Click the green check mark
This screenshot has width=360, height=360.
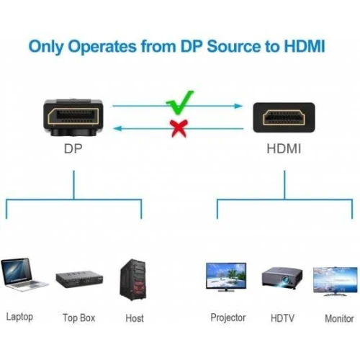click(181, 103)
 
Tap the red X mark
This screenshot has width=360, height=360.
click(179, 128)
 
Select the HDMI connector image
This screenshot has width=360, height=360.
click(284, 117)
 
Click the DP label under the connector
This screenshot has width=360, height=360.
click(73, 149)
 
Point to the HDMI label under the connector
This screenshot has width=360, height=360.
click(284, 148)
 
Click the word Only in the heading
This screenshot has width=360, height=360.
click(46, 46)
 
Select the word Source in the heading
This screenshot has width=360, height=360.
click(235, 46)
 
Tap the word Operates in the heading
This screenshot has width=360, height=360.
click(102, 47)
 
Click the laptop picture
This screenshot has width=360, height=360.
click(23, 274)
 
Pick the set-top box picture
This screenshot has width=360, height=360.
click(79, 279)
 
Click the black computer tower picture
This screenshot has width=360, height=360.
click(132, 279)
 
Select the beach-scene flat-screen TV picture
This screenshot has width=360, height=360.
click(226, 277)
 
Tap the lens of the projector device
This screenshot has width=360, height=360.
click(285, 280)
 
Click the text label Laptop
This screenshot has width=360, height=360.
click(19, 317)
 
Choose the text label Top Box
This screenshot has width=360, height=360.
click(79, 318)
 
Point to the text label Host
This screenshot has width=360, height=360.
click(135, 318)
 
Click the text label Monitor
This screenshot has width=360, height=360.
click(339, 318)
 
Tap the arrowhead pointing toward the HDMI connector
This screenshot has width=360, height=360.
click(238, 106)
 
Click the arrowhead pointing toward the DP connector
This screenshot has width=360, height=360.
click(117, 129)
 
